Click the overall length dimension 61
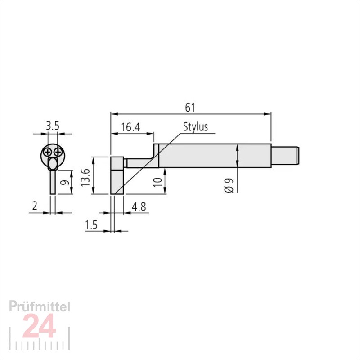(190, 108)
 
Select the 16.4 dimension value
(130, 127)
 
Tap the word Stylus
(195, 127)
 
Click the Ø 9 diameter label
(229, 185)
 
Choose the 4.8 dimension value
(139, 207)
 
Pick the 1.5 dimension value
(91, 225)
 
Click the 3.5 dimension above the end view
(53, 126)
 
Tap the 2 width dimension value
(35, 206)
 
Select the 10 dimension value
(158, 182)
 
